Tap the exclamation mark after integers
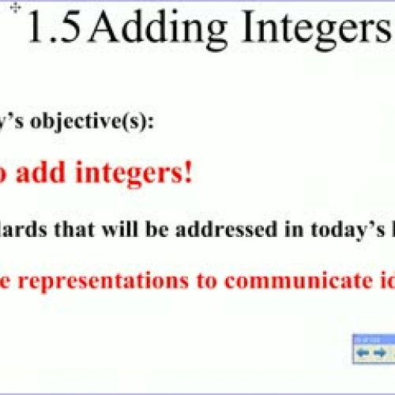pyautogui.click(x=188, y=171)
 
